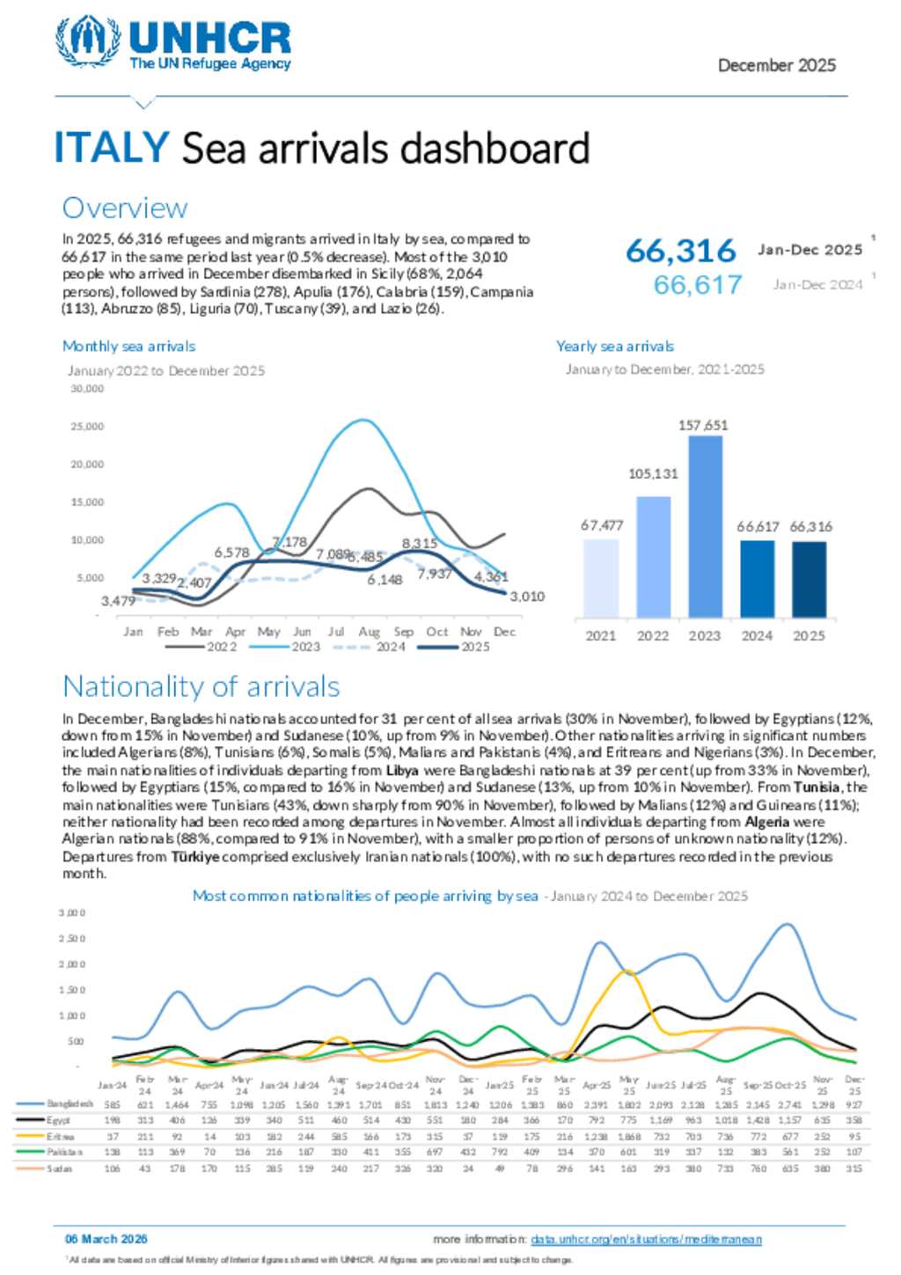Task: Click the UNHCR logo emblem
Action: click(88, 40)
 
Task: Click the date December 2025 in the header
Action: click(776, 65)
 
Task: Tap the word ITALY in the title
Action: click(112, 147)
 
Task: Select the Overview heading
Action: click(125, 208)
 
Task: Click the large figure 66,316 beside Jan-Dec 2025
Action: click(681, 252)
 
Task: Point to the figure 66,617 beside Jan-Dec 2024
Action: click(698, 285)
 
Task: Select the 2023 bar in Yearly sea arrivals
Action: click(705, 526)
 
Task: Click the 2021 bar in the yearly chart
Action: click(601, 578)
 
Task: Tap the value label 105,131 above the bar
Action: click(653, 473)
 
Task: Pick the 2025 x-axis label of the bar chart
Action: click(809, 635)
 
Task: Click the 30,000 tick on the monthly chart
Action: click(87, 388)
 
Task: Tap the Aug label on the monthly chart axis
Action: click(370, 632)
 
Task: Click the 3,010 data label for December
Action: click(527, 597)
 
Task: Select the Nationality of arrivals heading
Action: click(201, 686)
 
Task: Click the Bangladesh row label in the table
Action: click(70, 1103)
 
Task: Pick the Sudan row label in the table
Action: click(60, 1169)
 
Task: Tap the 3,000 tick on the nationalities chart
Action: click(72, 912)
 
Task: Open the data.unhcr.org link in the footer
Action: click(646, 1239)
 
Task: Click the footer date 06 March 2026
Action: click(106, 1239)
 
